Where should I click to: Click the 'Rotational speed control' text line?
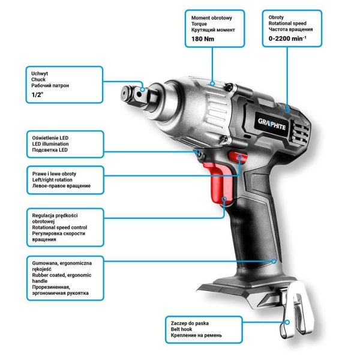click(x=59, y=227)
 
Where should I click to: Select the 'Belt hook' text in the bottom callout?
click(x=184, y=329)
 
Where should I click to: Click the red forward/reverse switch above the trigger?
click(x=239, y=158)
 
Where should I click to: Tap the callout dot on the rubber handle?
click(x=275, y=261)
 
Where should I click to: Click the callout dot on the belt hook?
click(x=287, y=322)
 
